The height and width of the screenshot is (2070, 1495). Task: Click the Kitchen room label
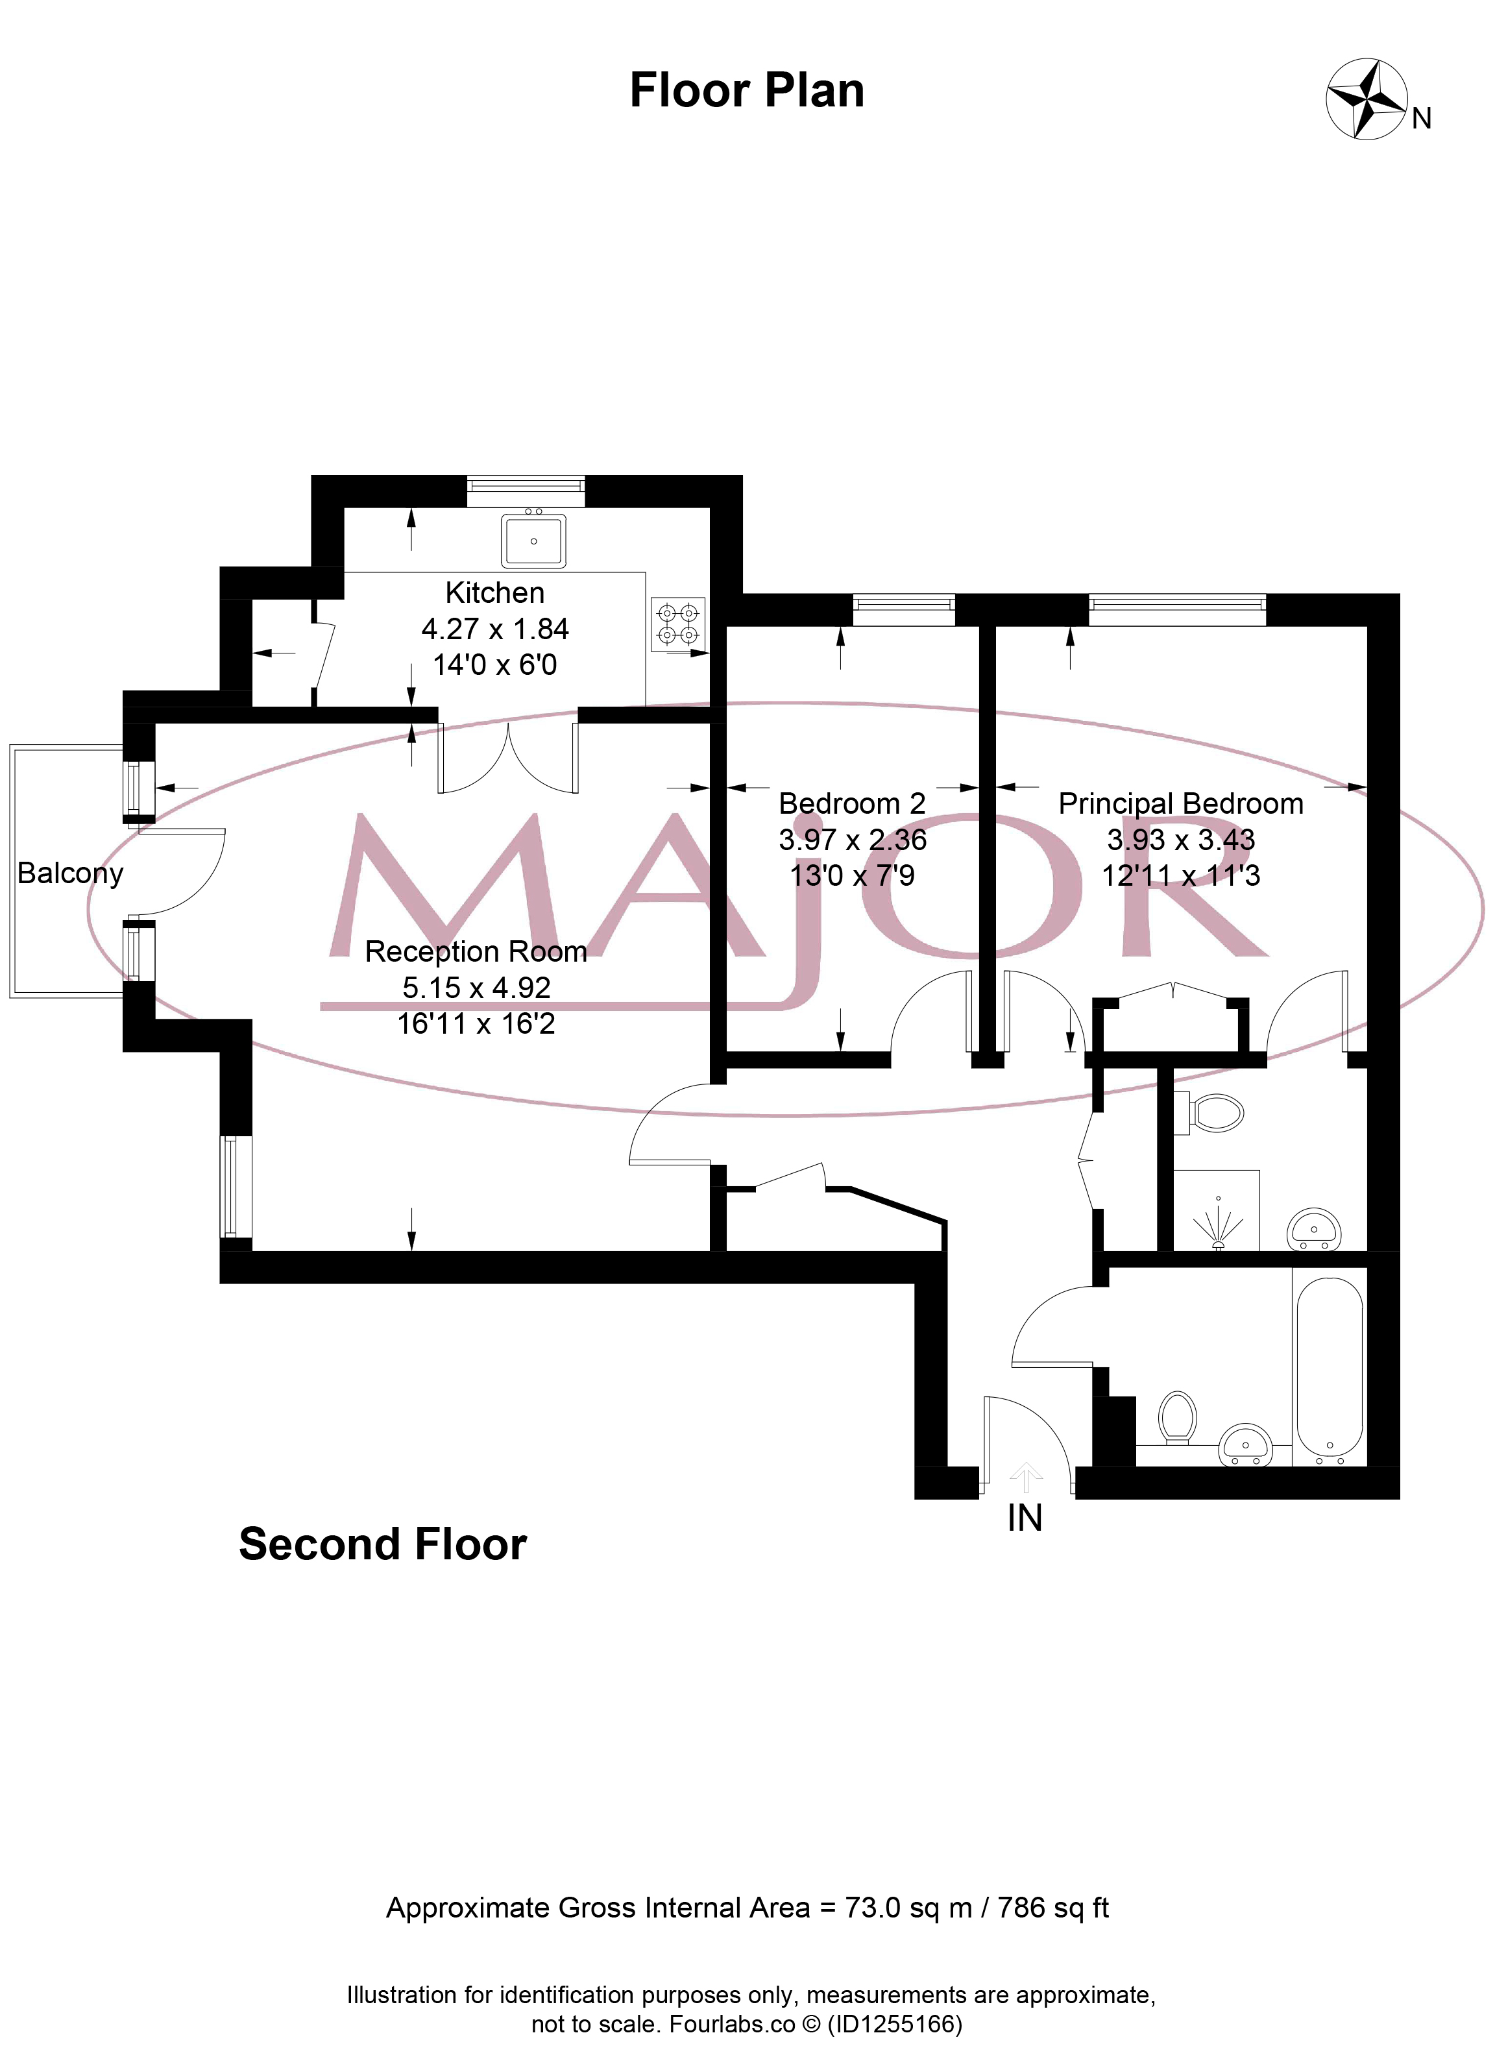[x=494, y=593]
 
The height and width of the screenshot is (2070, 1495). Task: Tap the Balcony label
[x=70, y=873]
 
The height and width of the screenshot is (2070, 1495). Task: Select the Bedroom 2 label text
[x=851, y=803]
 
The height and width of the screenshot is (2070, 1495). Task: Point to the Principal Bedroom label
[x=1180, y=803]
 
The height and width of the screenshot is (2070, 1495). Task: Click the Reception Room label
[x=476, y=951]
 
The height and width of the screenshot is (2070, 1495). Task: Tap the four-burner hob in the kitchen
[x=678, y=624]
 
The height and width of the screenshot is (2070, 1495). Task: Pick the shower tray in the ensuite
[x=1217, y=1210]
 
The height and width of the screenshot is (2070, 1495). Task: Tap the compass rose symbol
[x=1365, y=99]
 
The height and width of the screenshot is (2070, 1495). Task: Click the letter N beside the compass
[x=1421, y=119]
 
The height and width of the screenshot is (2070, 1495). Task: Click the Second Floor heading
[x=382, y=1544]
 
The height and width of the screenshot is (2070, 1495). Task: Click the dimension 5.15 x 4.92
[x=476, y=988]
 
